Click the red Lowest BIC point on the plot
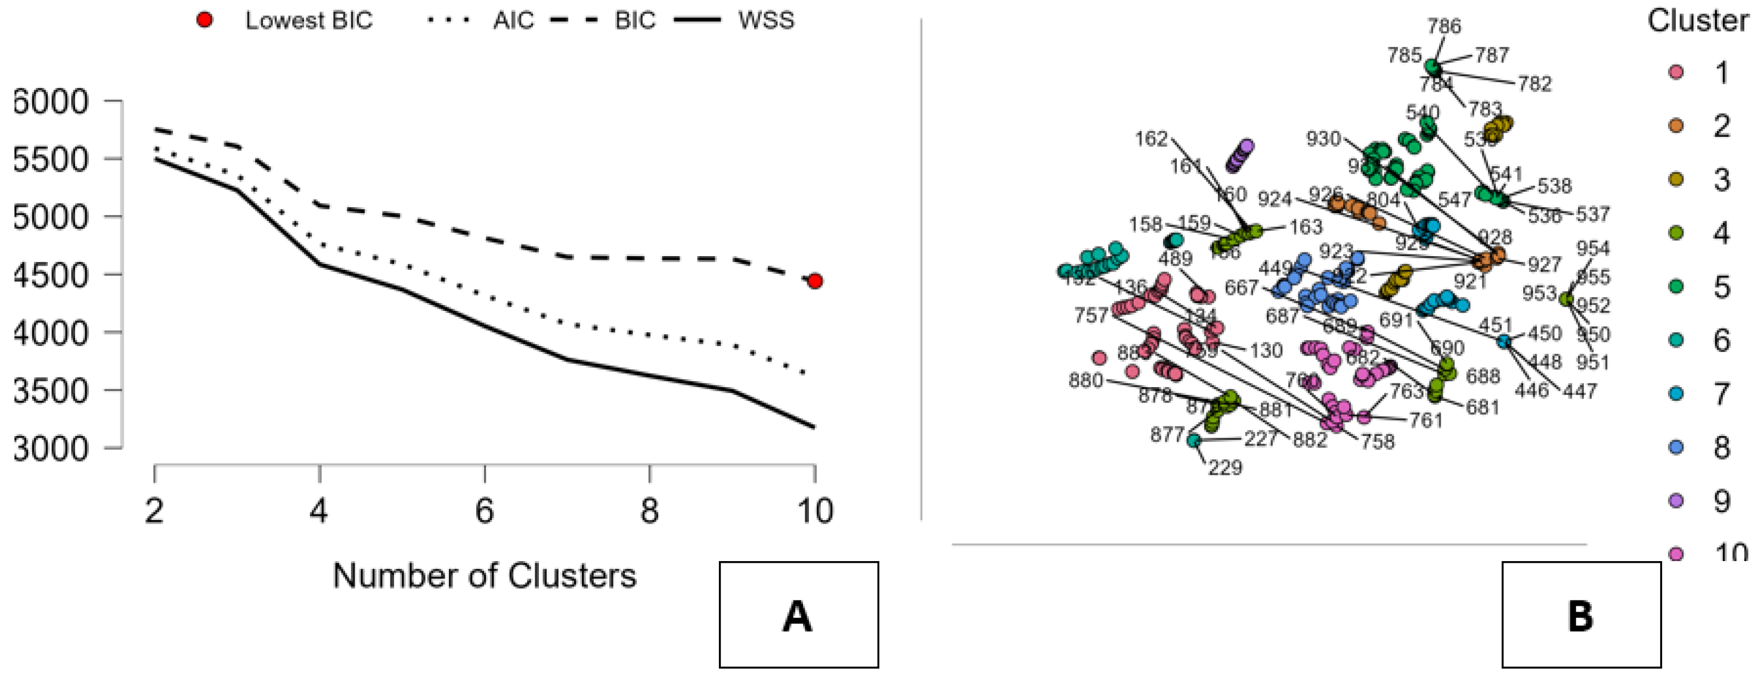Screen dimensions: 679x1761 (814, 281)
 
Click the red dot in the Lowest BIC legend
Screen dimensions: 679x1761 (204, 20)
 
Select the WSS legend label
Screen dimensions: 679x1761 (765, 20)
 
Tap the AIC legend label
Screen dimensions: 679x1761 (513, 20)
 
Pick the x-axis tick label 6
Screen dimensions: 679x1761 (484, 511)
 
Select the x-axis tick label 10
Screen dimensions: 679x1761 (815, 511)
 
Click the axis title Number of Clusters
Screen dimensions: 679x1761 (484, 576)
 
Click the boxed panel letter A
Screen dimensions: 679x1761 (798, 615)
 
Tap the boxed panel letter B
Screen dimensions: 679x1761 (1580, 615)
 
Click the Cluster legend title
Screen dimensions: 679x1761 (1697, 20)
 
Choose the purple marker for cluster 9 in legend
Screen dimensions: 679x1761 (1676, 501)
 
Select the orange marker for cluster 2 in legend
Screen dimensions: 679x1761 (1676, 126)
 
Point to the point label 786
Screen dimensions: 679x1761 (1444, 26)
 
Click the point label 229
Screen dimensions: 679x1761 (1224, 468)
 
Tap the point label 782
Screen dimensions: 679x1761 (1534, 84)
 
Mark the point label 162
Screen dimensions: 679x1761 (1151, 139)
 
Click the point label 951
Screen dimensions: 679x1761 (1593, 363)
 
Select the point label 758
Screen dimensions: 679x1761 (1377, 442)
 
